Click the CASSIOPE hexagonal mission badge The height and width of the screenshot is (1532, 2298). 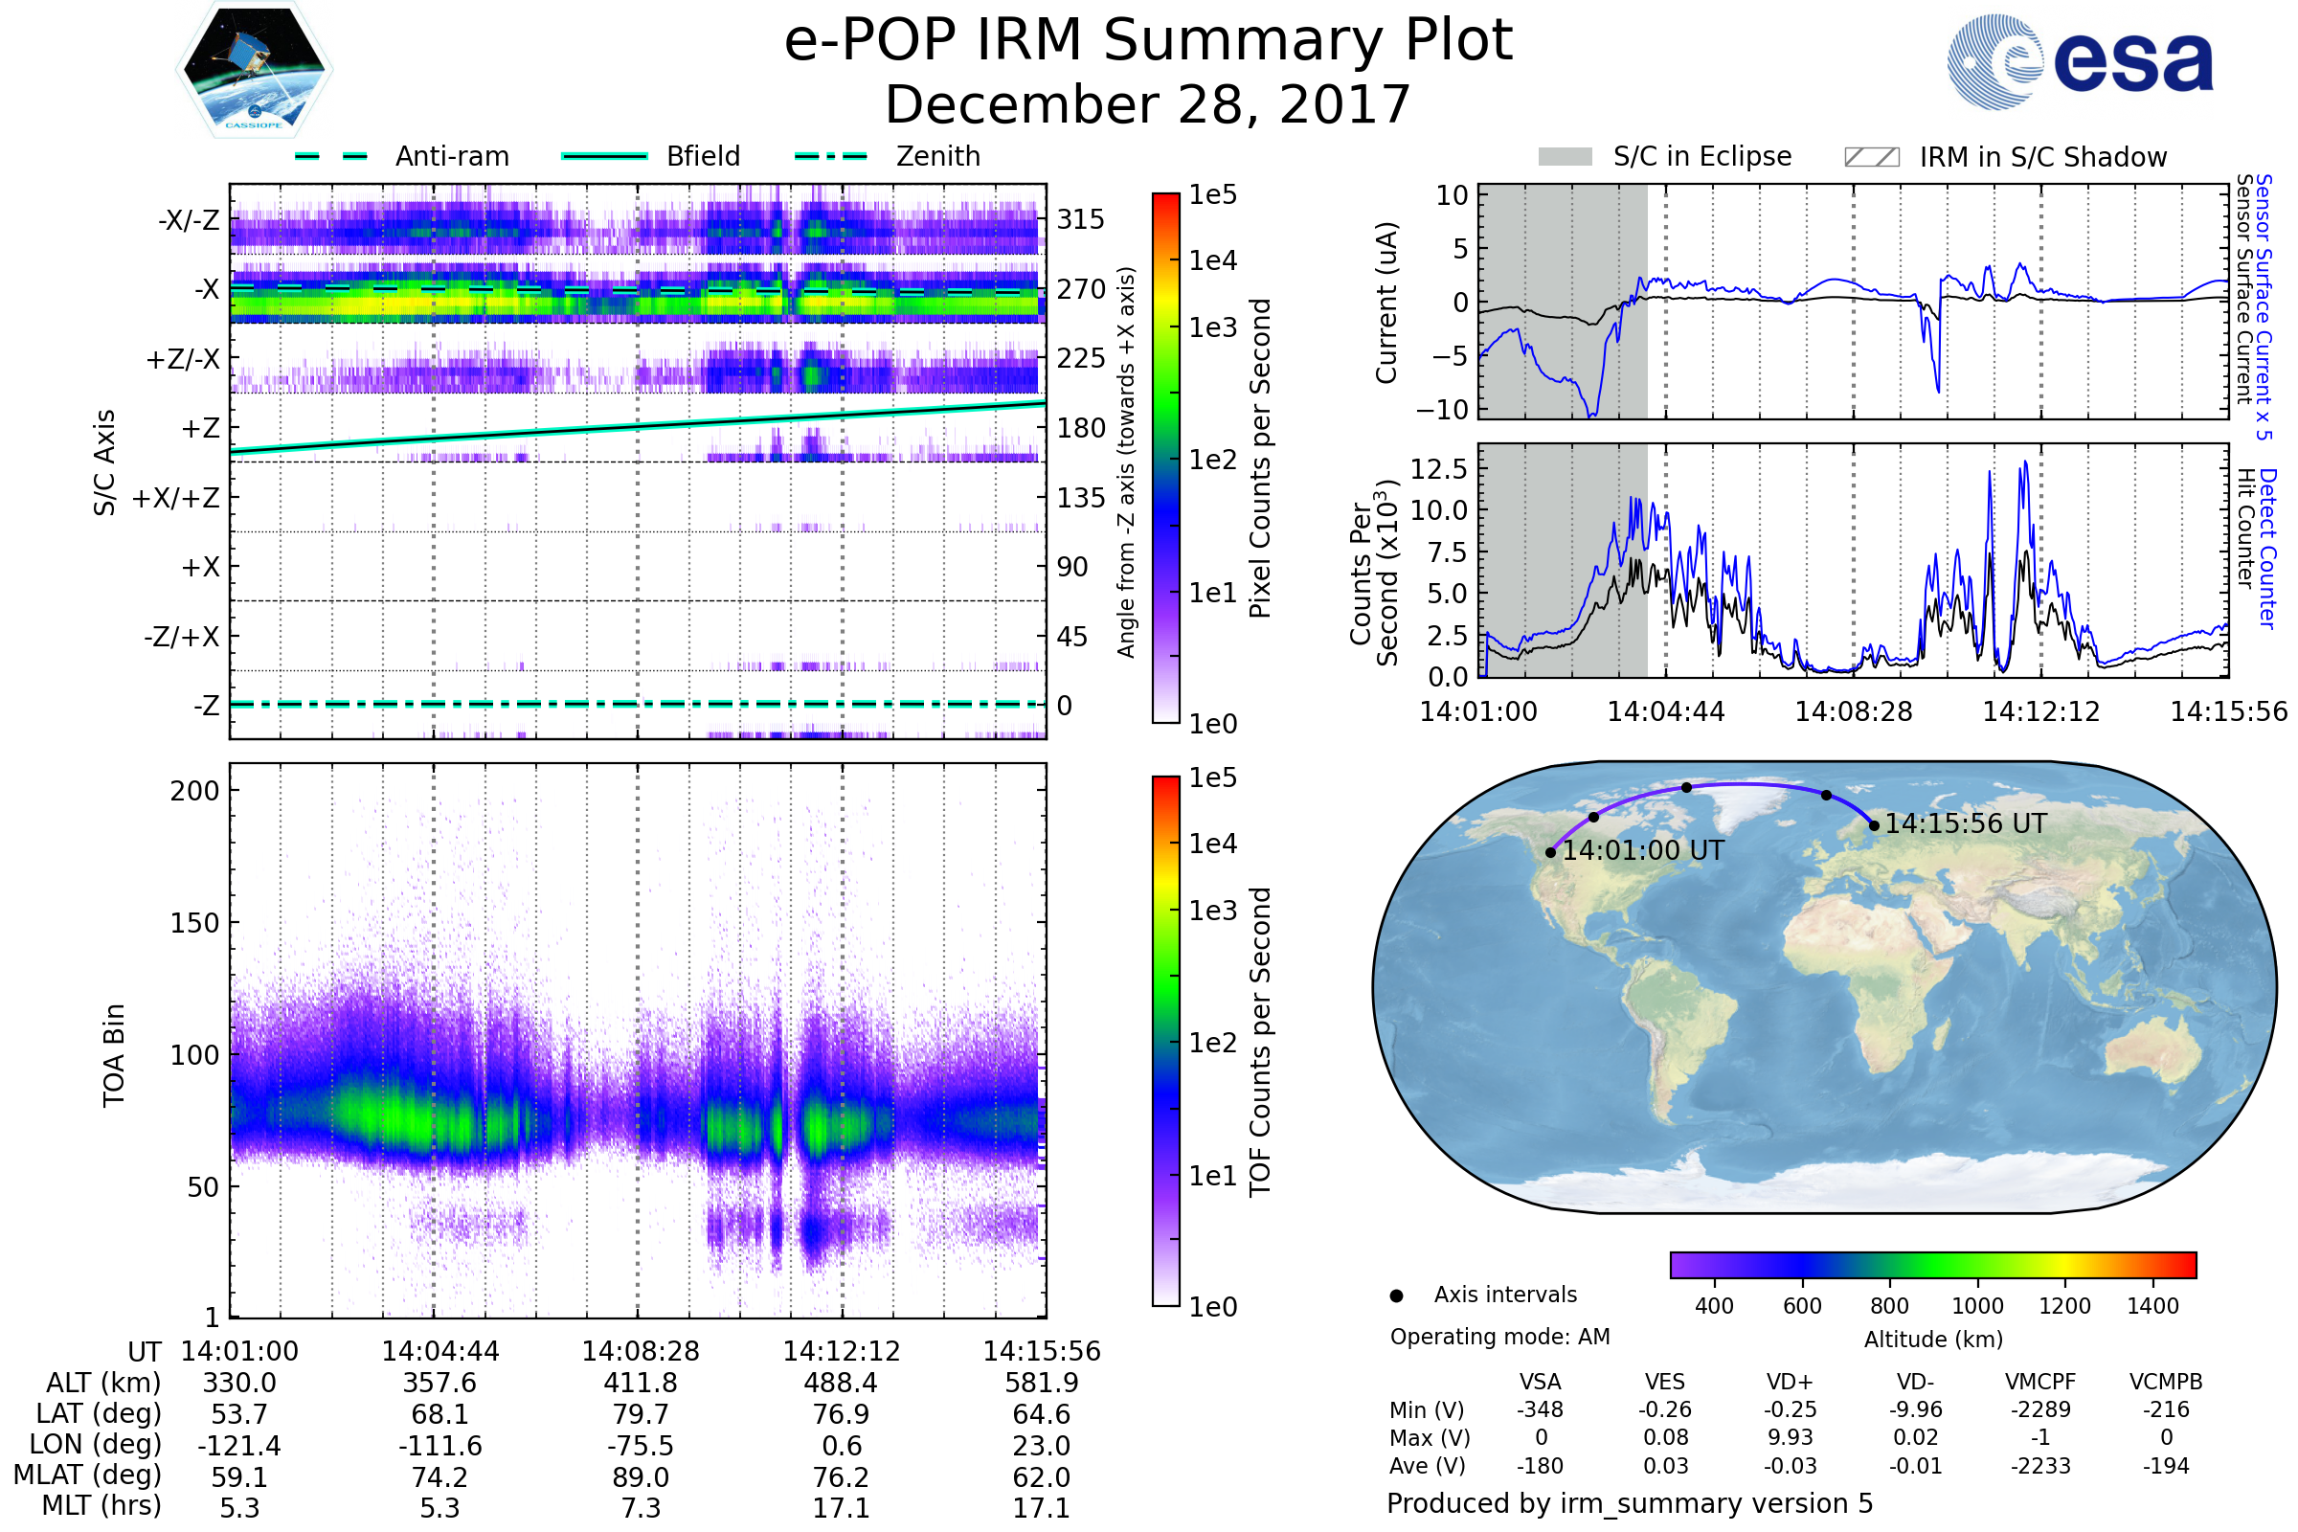(x=254, y=69)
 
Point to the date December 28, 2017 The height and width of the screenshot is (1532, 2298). (x=1147, y=104)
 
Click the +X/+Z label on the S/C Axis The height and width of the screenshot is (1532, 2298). (x=176, y=498)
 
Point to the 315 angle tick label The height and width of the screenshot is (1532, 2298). (x=1080, y=220)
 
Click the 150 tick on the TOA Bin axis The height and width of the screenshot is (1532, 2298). (x=194, y=923)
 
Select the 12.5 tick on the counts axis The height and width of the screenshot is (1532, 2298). (x=1438, y=469)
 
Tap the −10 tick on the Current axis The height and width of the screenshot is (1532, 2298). (x=1442, y=410)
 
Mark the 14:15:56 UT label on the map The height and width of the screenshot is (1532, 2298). (x=1965, y=823)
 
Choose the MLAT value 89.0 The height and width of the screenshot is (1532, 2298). (x=640, y=1477)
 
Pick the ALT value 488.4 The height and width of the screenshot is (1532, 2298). (x=841, y=1384)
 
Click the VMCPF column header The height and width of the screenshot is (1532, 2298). (x=2040, y=1382)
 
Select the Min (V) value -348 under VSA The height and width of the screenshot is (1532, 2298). (x=1540, y=1409)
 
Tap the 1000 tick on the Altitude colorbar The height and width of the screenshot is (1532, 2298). (x=1976, y=1306)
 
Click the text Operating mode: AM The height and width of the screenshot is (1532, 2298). (x=1499, y=1337)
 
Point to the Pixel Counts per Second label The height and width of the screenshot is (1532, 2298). (x=1260, y=459)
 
